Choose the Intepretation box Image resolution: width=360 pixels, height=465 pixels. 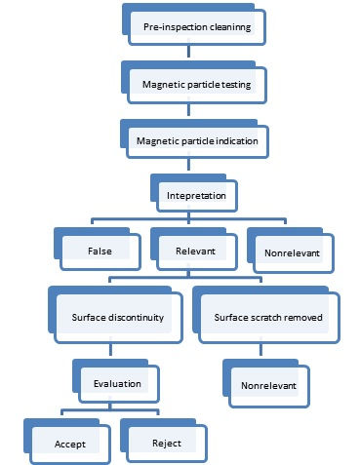point(203,195)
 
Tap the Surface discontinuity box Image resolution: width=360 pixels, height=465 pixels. point(118,318)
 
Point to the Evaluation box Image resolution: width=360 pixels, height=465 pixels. point(118,383)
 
